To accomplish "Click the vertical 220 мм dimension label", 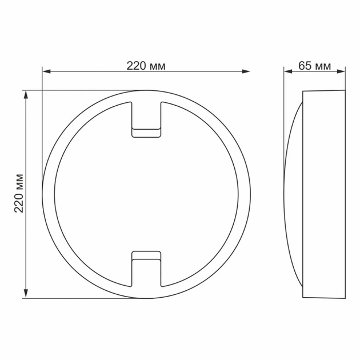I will [x=19, y=193].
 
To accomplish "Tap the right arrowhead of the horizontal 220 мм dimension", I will [x=246, y=71].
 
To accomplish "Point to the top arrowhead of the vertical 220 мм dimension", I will [x=26, y=94].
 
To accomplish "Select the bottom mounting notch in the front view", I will [x=146, y=269].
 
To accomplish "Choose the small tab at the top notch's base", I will [x=146, y=133].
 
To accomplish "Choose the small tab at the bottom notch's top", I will [x=146, y=254].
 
